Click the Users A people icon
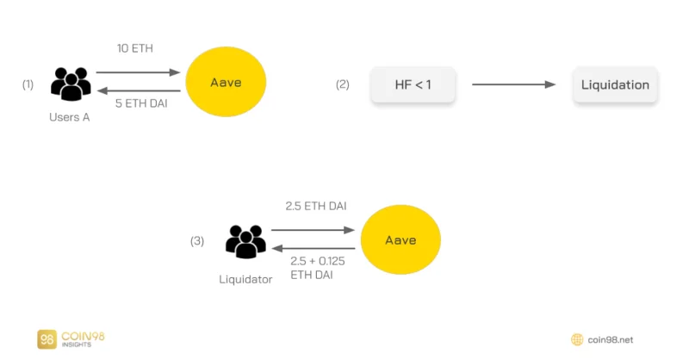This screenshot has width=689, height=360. pyautogui.click(x=71, y=84)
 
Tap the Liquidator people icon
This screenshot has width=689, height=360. pyautogui.click(x=245, y=241)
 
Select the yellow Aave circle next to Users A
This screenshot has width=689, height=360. pyautogui.click(x=226, y=82)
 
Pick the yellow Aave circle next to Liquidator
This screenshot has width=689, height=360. pyautogui.click(x=400, y=239)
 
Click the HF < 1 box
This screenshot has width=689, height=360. pyautogui.click(x=413, y=85)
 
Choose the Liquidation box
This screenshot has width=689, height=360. pyautogui.click(x=615, y=85)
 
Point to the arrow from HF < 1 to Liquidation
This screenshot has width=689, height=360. pyautogui.click(x=513, y=84)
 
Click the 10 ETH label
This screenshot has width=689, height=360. pyautogui.click(x=135, y=48)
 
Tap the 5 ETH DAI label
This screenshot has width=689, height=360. pyautogui.click(x=141, y=103)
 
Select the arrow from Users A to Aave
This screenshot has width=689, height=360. pyautogui.click(x=139, y=72)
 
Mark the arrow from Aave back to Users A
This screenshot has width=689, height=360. pyautogui.click(x=139, y=91)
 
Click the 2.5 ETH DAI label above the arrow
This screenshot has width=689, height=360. pyautogui.click(x=316, y=206)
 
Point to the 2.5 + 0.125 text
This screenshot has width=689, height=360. pyautogui.click(x=317, y=261)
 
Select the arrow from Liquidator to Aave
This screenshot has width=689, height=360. pyautogui.click(x=313, y=230)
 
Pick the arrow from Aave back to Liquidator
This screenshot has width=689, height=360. pyautogui.click(x=313, y=248)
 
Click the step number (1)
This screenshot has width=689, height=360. pyautogui.click(x=28, y=84)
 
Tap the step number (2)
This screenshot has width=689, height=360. pyautogui.click(x=343, y=84)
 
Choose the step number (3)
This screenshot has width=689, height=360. pyautogui.click(x=197, y=241)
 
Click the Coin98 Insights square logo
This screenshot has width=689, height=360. pyautogui.click(x=47, y=339)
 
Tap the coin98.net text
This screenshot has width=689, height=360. pyautogui.click(x=611, y=340)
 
